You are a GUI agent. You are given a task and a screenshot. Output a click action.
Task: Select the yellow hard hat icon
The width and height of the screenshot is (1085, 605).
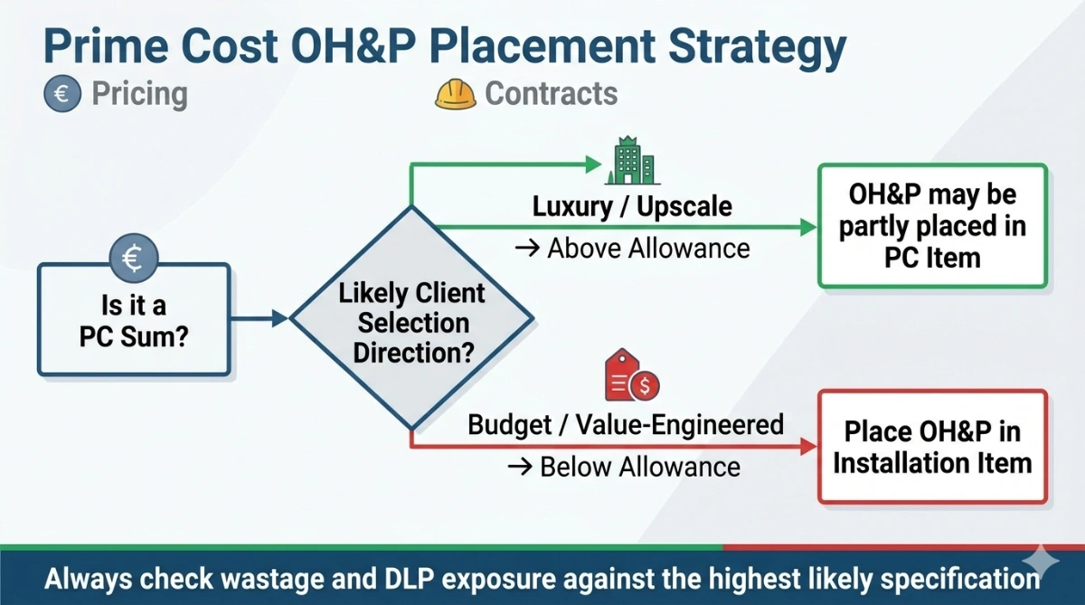click(456, 94)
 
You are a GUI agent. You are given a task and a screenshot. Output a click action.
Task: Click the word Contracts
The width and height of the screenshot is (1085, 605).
click(552, 94)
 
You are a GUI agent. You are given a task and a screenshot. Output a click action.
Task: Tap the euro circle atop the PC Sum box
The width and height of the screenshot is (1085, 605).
click(134, 260)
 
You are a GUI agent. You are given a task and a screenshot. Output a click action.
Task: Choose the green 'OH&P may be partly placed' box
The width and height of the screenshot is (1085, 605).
click(932, 226)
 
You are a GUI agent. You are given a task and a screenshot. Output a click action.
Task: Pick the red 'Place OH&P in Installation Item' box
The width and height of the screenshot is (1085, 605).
click(932, 446)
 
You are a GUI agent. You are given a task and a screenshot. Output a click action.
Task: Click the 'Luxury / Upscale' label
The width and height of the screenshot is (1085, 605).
click(632, 206)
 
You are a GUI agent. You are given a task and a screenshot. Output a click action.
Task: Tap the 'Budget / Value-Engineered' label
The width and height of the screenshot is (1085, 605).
click(626, 424)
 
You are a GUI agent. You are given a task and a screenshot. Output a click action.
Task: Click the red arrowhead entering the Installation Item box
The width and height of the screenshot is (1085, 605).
click(807, 447)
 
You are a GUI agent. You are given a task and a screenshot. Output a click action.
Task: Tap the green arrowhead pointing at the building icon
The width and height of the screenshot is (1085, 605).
click(592, 165)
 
